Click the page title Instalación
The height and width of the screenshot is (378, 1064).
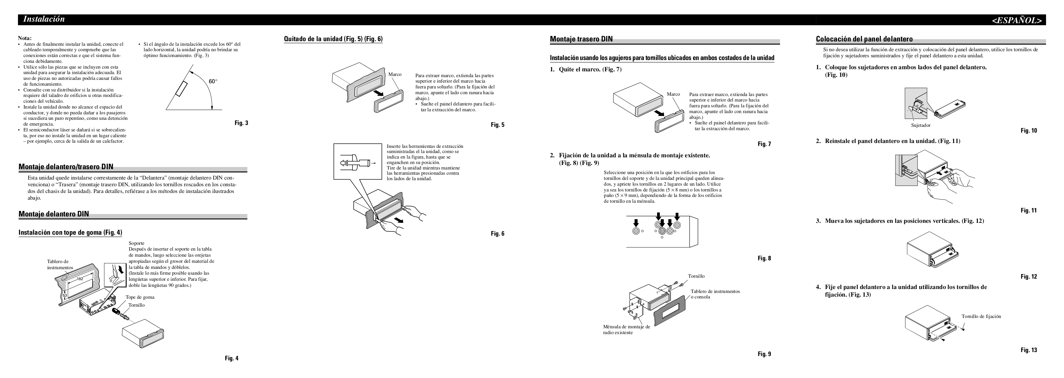coord(44,19)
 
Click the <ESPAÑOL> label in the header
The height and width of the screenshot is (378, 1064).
coord(1017,20)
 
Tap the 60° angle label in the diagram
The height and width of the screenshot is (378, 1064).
coord(213,81)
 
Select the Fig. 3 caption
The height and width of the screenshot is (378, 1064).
coord(241,123)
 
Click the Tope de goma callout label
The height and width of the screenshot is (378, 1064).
coord(140,297)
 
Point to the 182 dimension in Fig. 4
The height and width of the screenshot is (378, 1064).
coord(80,279)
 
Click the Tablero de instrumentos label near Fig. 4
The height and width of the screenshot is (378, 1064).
coord(60,264)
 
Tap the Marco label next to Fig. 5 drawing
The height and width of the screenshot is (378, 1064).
coord(395,74)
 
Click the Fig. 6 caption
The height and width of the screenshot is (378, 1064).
coord(497,234)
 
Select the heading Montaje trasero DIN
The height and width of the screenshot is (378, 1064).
coord(581,39)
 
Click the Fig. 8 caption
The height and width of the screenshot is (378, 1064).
coord(764,259)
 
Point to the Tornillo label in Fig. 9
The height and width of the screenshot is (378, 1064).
coord(696,276)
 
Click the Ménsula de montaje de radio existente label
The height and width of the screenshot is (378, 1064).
coord(626,329)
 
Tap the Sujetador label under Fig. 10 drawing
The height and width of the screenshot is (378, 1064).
coord(921,125)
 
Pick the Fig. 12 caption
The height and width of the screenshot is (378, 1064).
coord(1028,277)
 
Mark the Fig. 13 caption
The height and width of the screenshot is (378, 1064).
coord(1028,350)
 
